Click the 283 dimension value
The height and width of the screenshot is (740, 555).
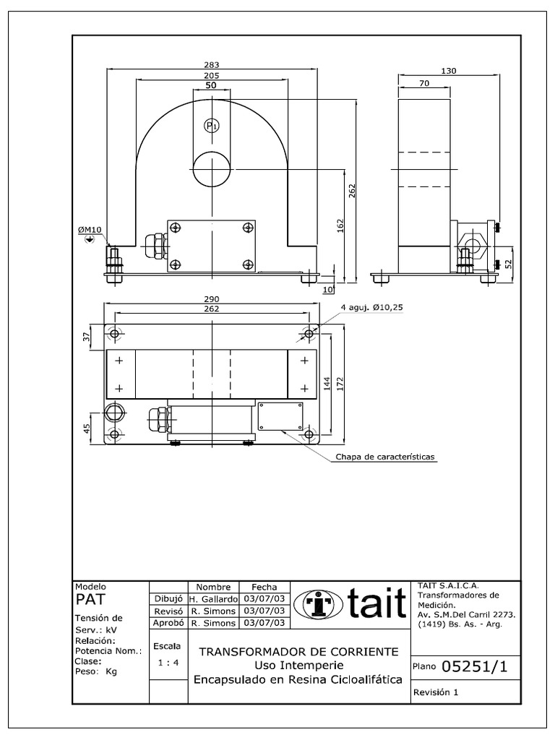pos(212,64)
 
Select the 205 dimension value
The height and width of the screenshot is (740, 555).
pos(212,75)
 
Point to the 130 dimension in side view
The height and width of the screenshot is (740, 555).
pos(448,71)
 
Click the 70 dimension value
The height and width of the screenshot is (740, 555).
pos(423,84)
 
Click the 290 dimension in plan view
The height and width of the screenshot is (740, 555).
pos(212,299)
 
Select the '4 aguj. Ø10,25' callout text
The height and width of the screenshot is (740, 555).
pos(371,307)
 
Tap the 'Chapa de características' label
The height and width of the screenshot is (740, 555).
pos(387,457)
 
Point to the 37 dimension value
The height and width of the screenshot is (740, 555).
pos(87,337)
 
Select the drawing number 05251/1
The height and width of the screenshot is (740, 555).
pos(475,667)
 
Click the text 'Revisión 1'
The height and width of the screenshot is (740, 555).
pos(436,692)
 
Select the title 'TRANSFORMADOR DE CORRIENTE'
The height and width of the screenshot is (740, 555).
pos(298,651)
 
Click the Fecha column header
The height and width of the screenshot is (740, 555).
pos(264,588)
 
